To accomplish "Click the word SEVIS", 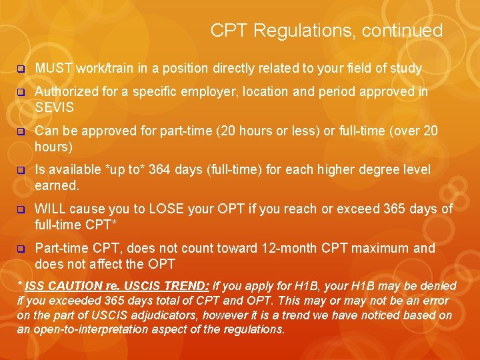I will tap(55, 107).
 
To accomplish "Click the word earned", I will tap(57, 185).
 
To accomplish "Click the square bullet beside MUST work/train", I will tap(21, 69).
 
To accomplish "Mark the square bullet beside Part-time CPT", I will tap(21, 249).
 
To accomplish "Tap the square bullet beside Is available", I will tap(21, 171).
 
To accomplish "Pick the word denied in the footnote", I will tap(438, 286).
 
